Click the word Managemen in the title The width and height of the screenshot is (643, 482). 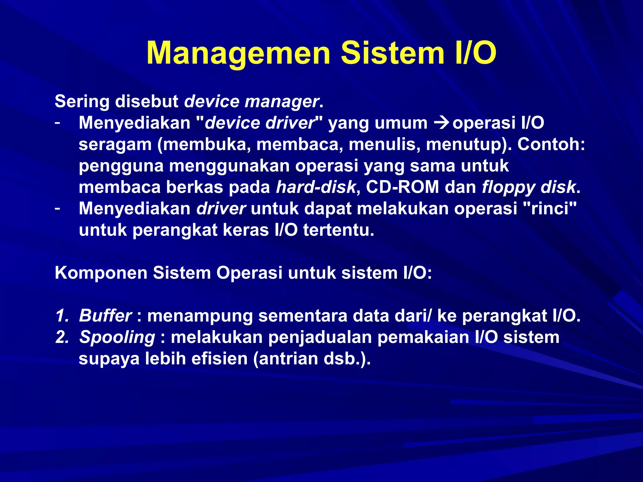coord(238,53)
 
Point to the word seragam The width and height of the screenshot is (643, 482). coord(115,145)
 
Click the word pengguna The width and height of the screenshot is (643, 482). coord(121,166)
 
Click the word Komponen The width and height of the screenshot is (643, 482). coord(101,273)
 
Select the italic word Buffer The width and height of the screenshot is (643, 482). coord(105,316)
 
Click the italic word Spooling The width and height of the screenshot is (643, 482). coord(117,338)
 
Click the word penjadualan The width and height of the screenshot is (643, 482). coord(320,338)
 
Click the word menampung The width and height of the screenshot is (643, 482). coord(200,316)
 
